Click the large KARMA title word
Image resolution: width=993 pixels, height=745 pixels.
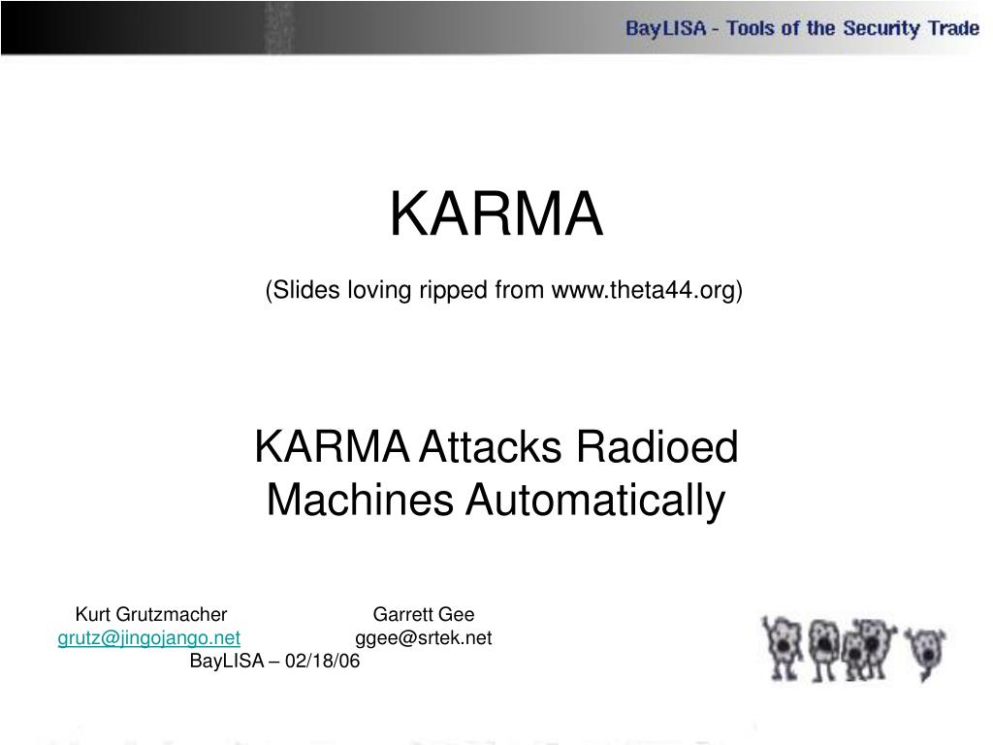pyautogui.click(x=496, y=214)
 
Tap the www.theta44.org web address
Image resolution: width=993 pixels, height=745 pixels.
pyautogui.click(x=644, y=289)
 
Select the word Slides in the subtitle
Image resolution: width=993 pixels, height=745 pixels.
pyautogui.click(x=302, y=289)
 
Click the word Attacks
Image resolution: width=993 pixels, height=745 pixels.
pyautogui.click(x=494, y=448)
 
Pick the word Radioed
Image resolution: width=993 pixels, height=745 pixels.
pyautogui.click(x=657, y=448)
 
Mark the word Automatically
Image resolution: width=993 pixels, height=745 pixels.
pyautogui.click(x=594, y=501)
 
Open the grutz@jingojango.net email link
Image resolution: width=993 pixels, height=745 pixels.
pyautogui.click(x=149, y=637)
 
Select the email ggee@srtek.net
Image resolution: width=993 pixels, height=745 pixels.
pyautogui.click(x=424, y=637)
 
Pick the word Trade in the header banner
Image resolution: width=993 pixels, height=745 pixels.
pyautogui.click(x=953, y=28)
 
